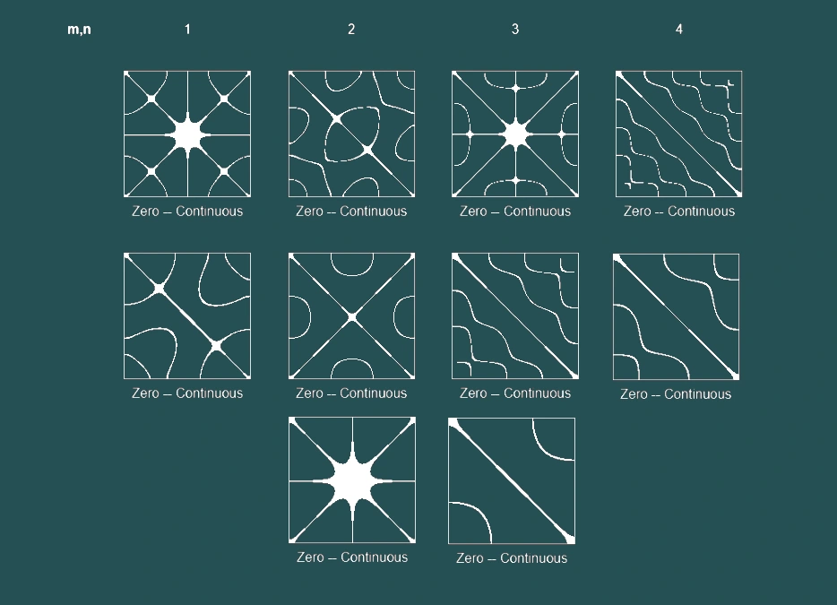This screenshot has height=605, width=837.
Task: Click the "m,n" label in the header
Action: [79, 30]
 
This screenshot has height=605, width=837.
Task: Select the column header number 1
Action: [187, 30]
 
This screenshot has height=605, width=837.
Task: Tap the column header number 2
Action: [351, 30]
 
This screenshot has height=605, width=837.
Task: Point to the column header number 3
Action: [515, 30]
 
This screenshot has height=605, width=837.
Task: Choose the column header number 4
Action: [679, 30]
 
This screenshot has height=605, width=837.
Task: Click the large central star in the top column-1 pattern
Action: [188, 134]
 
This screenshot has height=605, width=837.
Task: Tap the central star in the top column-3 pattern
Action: [515, 134]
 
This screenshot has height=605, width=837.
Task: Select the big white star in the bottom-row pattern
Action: [352, 480]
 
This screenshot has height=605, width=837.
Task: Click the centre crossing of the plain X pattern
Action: [352, 317]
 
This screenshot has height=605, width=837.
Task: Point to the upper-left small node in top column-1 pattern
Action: [151, 99]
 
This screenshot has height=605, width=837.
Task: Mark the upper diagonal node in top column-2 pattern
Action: [336, 119]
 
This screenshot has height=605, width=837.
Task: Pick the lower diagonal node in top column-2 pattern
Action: [367, 150]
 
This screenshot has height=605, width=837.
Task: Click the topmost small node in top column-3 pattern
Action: [515, 88]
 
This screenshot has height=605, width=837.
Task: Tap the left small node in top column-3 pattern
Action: [470, 134]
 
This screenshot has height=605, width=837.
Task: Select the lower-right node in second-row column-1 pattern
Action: [216, 346]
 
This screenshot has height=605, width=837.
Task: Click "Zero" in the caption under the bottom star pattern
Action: [310, 557]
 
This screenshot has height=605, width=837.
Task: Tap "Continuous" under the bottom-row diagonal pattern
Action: [534, 558]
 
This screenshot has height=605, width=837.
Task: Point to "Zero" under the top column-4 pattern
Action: [637, 211]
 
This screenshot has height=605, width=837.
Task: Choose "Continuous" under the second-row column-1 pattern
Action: [210, 393]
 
